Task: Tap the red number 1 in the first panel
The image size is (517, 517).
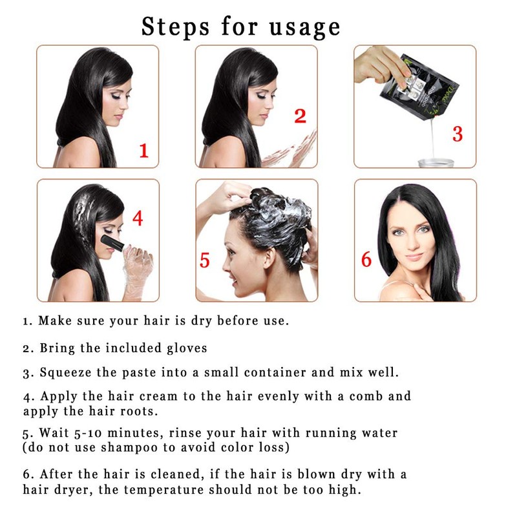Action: click(143, 151)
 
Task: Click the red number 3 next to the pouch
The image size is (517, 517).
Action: click(457, 134)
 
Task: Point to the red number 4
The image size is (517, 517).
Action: click(137, 218)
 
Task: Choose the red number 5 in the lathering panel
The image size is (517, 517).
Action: click(205, 260)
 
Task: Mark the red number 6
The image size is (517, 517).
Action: click(366, 260)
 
